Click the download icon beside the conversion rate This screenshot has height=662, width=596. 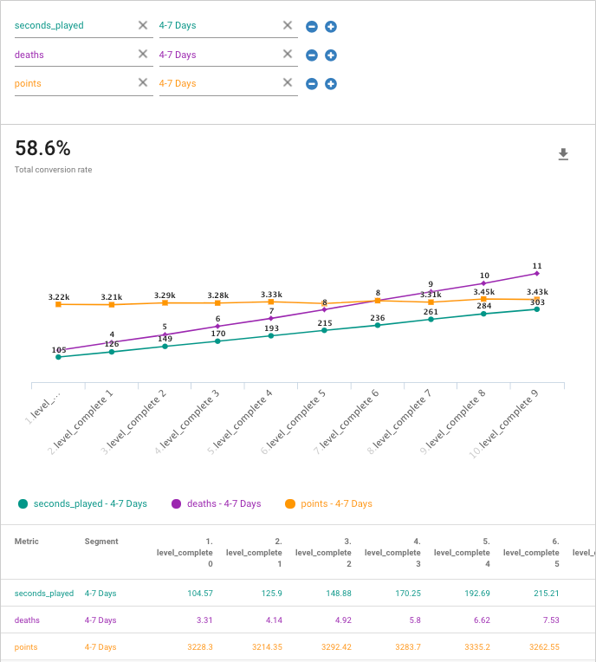[563, 154]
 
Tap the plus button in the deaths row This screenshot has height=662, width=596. [330, 55]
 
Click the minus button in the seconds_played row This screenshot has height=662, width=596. [311, 27]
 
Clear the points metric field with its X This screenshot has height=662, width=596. [143, 83]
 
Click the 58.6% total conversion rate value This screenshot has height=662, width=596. [42, 148]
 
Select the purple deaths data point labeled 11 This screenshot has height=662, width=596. [537, 273]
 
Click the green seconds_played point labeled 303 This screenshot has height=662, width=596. [537, 308]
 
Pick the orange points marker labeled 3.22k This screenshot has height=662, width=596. [58, 304]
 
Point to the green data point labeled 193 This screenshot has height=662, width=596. [271, 335]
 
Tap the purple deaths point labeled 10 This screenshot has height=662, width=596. [484, 283]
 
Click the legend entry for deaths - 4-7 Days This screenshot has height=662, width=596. [217, 503]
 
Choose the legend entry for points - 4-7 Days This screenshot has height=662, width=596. [329, 503]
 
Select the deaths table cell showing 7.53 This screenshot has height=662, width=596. [545, 620]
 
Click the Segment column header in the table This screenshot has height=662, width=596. [101, 542]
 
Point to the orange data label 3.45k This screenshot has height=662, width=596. [483, 292]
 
